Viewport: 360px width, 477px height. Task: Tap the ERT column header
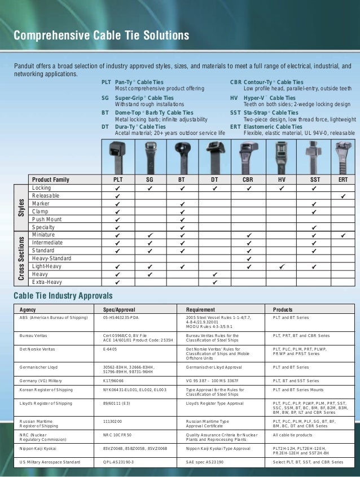tap(343, 180)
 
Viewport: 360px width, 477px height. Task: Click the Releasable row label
tap(46, 195)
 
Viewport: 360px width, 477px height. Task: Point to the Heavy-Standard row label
tap(53, 258)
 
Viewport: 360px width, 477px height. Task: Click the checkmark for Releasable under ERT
tap(343, 195)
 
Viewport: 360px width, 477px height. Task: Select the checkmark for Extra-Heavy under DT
tap(215, 282)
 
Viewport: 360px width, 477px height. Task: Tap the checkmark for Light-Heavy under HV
tap(282, 266)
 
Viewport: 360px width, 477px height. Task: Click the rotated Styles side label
tap(21, 207)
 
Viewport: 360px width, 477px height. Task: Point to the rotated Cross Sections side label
tap(21, 258)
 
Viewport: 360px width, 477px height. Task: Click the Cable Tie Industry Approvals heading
tap(63, 296)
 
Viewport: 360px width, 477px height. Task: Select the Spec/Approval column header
tap(119, 310)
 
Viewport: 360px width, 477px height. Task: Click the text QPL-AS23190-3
tap(118, 462)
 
